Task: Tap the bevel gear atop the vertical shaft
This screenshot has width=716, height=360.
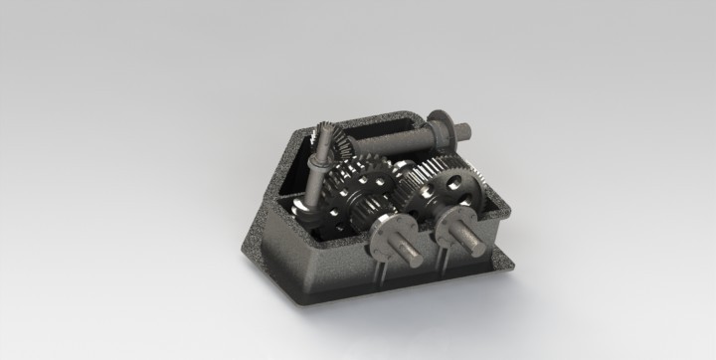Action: click(334, 144)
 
